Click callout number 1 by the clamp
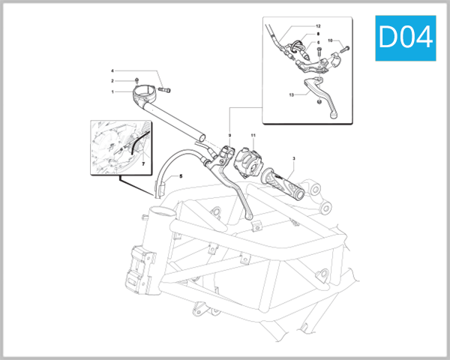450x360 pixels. (x=112, y=91)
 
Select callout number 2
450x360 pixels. (x=112, y=80)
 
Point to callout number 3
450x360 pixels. (x=294, y=158)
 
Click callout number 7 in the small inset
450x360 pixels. (x=143, y=162)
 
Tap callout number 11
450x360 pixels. (x=253, y=136)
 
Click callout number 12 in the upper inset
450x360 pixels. (x=317, y=26)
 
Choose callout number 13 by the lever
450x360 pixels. (x=291, y=96)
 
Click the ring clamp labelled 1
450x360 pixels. (x=146, y=97)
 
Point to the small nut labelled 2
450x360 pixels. (x=137, y=79)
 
